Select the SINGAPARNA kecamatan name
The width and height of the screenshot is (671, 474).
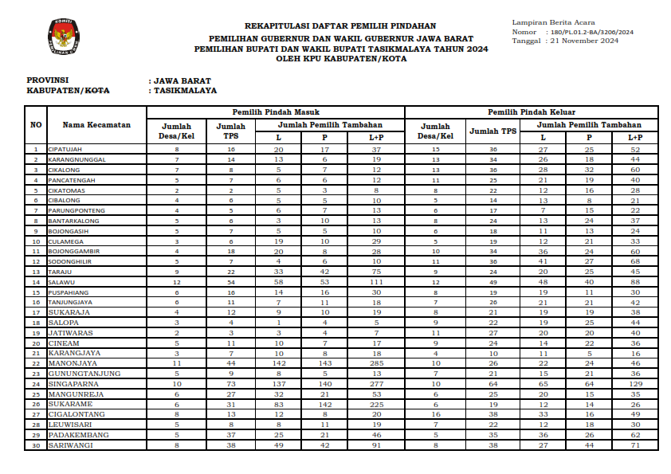tap(73, 383)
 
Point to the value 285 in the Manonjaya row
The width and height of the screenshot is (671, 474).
tap(376, 362)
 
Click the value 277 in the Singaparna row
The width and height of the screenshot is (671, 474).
tap(376, 383)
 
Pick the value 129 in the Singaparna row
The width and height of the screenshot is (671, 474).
tap(635, 383)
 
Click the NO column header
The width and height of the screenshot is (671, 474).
tap(36, 125)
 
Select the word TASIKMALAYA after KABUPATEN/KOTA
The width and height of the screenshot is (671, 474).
tap(182, 91)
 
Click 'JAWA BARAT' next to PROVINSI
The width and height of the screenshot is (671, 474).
tap(179, 81)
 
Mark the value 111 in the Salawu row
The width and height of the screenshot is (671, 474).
tap(376, 281)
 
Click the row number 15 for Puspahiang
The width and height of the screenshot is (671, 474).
tap(36, 292)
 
